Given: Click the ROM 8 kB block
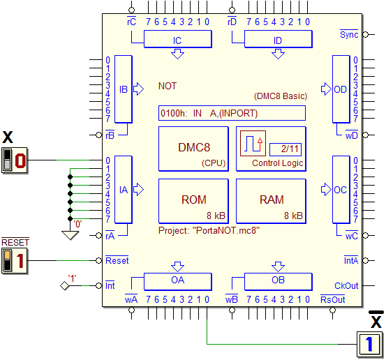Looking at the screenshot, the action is (193, 201).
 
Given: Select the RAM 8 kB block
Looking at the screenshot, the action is (271, 201).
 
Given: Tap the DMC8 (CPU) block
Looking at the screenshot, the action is (193, 149).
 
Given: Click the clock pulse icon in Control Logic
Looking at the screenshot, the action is (253, 144).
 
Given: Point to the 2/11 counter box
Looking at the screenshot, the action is (285, 149).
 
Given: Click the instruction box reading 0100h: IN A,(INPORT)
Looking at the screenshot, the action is (232, 113).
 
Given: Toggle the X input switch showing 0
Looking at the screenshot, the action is (14, 160).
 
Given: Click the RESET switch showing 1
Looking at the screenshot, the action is (14, 261).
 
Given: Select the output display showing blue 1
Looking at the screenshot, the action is (369, 344).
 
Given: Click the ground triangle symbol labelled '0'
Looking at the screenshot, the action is (70, 235).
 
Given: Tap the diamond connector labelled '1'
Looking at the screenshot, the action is (64, 285).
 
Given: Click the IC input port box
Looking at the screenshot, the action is (178, 39).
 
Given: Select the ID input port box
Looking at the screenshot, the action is (279, 39).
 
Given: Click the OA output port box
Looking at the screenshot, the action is (178, 281).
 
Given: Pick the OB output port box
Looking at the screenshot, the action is (279, 281).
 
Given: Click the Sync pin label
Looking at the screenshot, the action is (349, 34).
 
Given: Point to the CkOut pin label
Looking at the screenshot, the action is (346, 285).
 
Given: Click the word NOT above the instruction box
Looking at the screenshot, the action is (168, 86).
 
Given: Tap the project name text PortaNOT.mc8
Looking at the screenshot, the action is (226, 230).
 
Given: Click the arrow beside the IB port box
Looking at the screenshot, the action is (138, 89).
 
